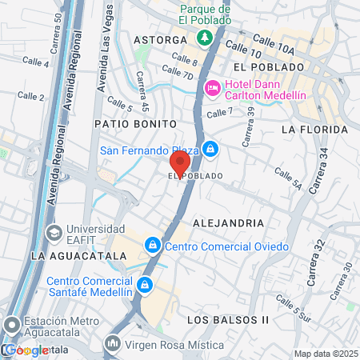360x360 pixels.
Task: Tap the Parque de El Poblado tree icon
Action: point(205,38)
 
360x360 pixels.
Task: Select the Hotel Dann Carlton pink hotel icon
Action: point(213,88)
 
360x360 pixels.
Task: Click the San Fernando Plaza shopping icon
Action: point(210,149)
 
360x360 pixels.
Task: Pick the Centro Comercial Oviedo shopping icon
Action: point(152,245)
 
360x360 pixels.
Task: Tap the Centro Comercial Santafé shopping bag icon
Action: point(145,285)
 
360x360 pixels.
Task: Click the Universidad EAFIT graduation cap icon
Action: point(54,234)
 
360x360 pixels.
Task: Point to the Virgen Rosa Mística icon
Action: point(112,344)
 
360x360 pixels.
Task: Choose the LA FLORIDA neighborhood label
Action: point(314,129)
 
